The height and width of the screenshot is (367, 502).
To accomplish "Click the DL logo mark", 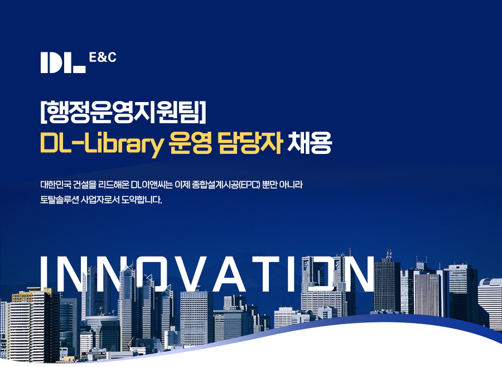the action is pyautogui.click(x=63, y=62).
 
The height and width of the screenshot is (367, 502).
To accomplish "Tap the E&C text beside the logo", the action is pyautogui.click(x=103, y=57).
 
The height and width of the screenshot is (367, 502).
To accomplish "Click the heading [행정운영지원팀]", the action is pyautogui.click(x=123, y=112).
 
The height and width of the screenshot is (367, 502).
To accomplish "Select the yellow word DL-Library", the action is pyautogui.click(x=102, y=143).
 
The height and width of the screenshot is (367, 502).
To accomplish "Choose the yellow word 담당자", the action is pyautogui.click(x=250, y=143).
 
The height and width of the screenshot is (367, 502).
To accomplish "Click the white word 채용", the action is pyautogui.click(x=309, y=143).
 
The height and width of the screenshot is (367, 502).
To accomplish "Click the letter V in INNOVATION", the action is pyautogui.click(x=183, y=273).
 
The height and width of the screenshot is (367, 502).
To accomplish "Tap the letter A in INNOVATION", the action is pyautogui.click(x=229, y=273).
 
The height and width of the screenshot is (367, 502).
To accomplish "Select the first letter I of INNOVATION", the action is pyautogui.click(x=45, y=273).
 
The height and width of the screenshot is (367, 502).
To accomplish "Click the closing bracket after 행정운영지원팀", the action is pyautogui.click(x=202, y=112).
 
